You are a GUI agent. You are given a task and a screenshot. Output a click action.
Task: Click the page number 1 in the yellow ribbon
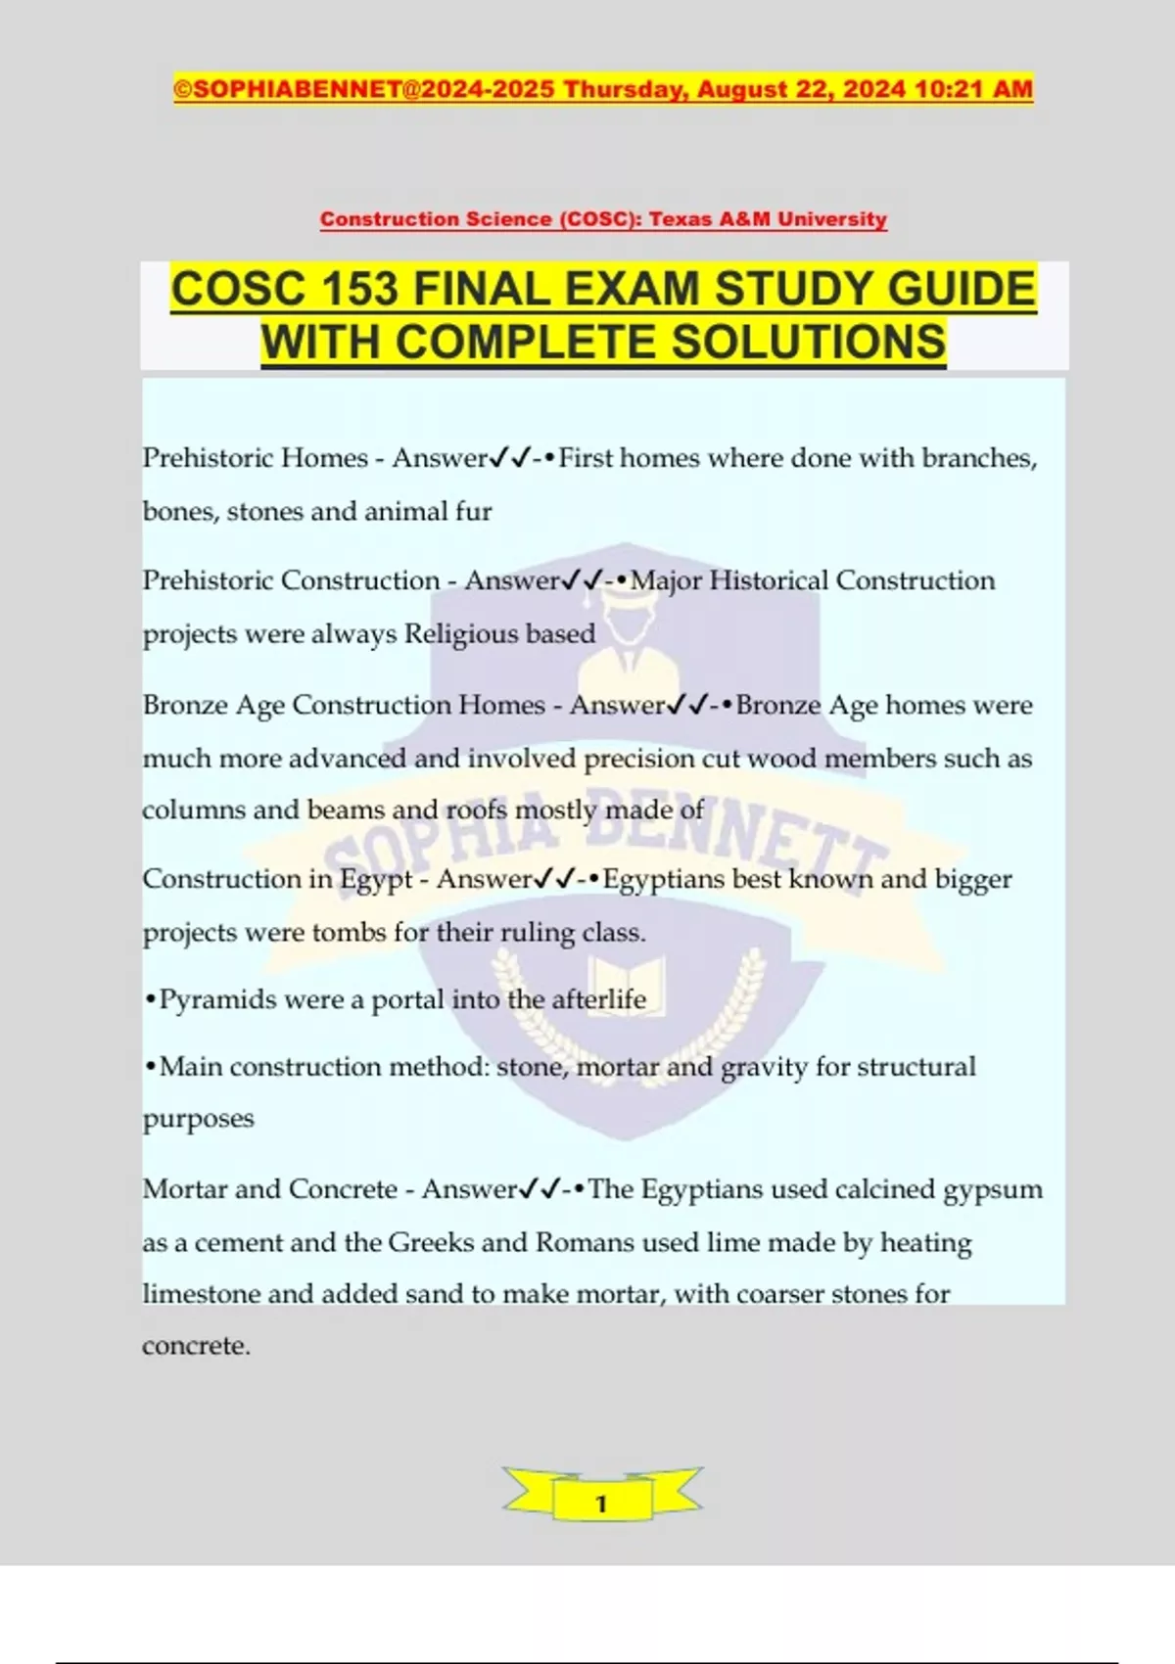(601, 1503)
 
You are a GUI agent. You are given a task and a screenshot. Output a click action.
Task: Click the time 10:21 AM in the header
(973, 89)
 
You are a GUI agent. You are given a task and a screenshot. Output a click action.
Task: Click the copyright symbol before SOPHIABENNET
(183, 89)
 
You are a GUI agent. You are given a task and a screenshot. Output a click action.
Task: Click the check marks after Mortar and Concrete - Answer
(539, 1189)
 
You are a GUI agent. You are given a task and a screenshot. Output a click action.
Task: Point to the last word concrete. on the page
(196, 1346)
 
